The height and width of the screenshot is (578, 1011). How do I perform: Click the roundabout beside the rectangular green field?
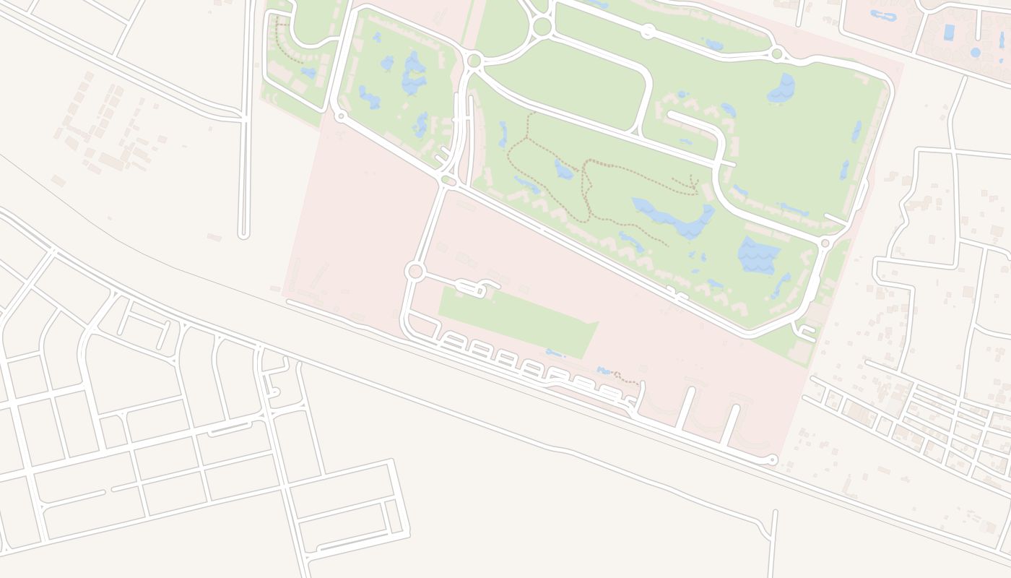click(415, 272)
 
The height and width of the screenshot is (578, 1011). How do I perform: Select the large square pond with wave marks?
click(758, 255)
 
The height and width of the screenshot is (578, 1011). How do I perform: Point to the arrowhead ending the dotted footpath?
click(694, 186)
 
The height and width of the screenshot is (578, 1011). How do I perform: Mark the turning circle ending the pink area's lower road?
click(773, 459)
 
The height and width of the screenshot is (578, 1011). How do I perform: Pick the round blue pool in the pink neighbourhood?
click(976, 52)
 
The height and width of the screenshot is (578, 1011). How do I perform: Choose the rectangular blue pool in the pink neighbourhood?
click(949, 32)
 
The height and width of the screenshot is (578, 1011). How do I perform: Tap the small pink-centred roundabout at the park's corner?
click(825, 243)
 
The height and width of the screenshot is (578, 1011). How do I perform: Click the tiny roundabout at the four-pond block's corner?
click(340, 115)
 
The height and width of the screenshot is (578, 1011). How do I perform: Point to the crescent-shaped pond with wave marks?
click(782, 88)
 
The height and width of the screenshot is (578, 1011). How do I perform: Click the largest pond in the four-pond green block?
click(414, 74)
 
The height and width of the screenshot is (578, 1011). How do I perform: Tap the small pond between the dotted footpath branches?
click(563, 171)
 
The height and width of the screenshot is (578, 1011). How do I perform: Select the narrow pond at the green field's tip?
click(555, 353)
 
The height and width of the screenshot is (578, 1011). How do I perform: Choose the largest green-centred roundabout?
click(542, 27)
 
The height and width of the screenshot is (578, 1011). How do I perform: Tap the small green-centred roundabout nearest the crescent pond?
click(777, 53)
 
